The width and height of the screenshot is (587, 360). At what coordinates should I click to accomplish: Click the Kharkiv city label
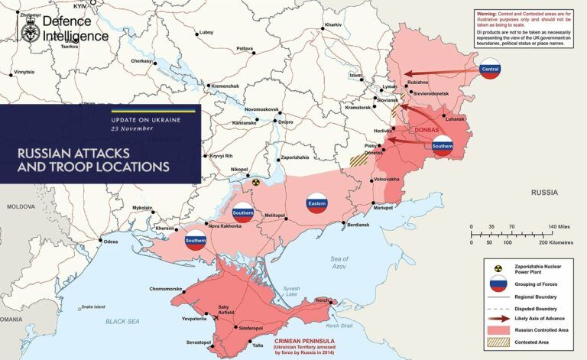[333, 25]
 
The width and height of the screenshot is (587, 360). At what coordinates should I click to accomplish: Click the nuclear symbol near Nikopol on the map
[256, 183]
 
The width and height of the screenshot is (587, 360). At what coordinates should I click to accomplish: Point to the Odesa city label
[112, 242]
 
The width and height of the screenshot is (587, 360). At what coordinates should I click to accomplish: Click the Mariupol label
[383, 208]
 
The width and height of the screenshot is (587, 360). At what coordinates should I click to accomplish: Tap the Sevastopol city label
[195, 342]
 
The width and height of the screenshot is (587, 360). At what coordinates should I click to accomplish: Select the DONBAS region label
[426, 131]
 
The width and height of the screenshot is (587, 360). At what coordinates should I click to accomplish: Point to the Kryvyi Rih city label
[222, 156]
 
